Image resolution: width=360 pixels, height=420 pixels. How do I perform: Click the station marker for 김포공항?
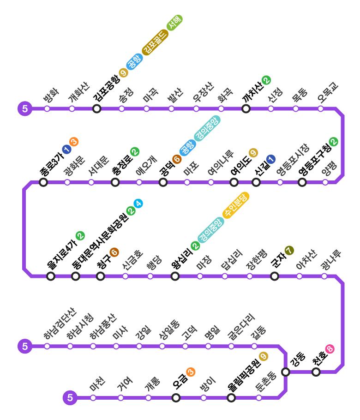(x=96, y=108)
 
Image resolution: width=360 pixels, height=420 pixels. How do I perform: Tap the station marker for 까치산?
(x=246, y=108)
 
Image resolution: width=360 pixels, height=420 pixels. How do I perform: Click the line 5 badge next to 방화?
(x=24, y=109)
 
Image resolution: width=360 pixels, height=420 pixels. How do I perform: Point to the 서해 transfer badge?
(x=175, y=22)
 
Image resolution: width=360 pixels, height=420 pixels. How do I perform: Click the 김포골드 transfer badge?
(x=154, y=43)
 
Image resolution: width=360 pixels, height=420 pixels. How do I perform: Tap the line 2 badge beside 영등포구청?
(x=333, y=142)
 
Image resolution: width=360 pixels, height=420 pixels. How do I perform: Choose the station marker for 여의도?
(x=234, y=182)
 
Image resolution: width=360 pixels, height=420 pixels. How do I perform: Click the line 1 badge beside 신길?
(x=270, y=159)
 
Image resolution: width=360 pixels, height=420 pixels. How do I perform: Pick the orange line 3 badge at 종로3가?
(x=74, y=142)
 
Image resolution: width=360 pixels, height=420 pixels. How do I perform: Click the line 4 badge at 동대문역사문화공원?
(x=138, y=203)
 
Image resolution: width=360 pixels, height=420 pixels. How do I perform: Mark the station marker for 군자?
(x=275, y=276)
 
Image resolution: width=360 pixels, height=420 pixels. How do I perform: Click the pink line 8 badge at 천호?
(x=330, y=349)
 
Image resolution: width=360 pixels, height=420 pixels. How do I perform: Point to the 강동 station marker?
(x=286, y=372)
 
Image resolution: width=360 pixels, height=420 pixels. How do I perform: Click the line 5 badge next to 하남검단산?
(x=24, y=346)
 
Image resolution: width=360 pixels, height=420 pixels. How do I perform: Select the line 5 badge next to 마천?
(x=70, y=397)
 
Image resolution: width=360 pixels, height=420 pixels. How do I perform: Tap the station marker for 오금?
(x=176, y=397)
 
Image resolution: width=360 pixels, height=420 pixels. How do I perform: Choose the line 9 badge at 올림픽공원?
(x=263, y=356)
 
